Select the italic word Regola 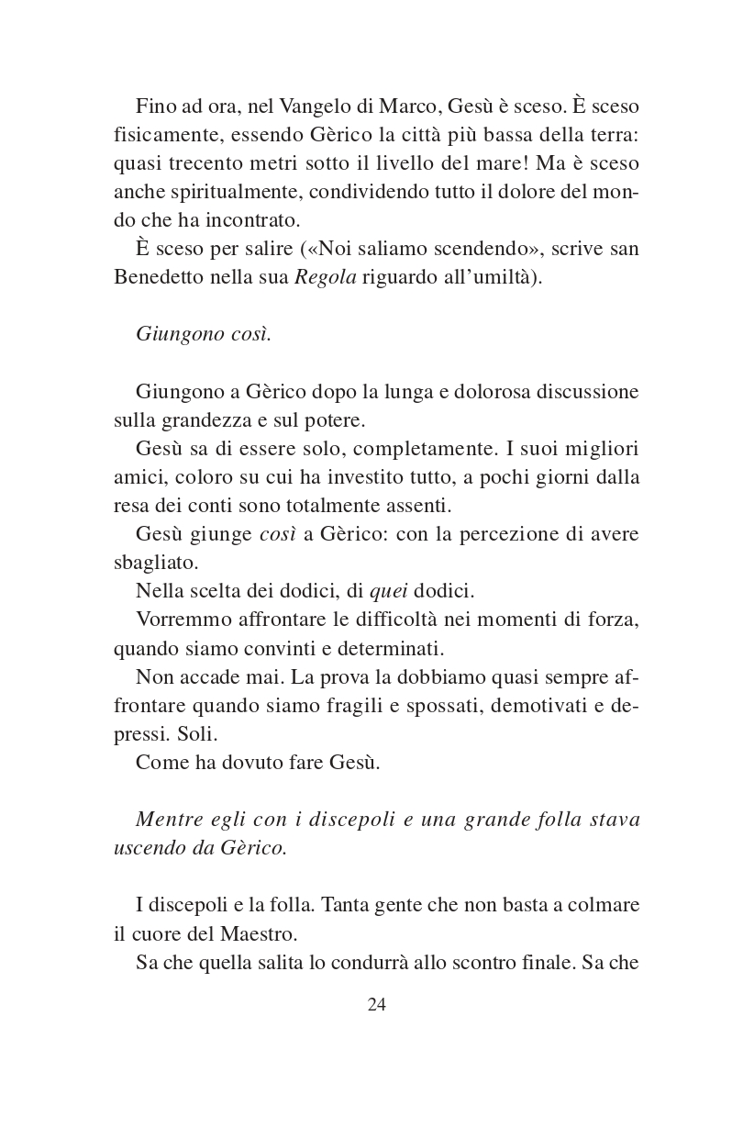[325, 277]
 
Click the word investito [386, 477]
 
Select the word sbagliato [155, 563]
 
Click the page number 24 [376, 1004]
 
